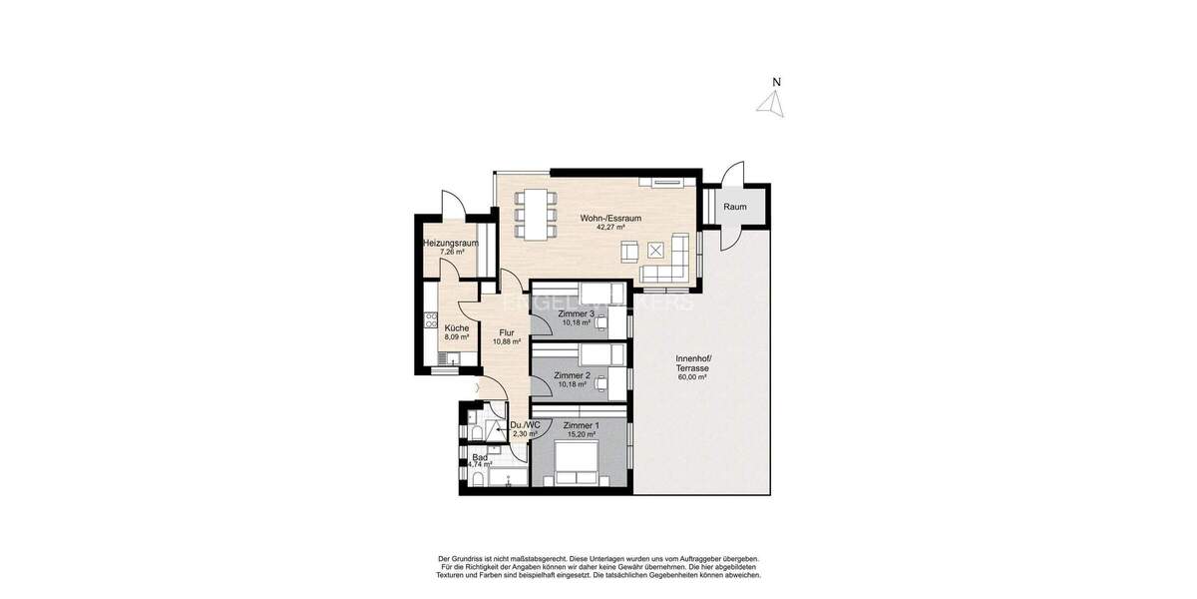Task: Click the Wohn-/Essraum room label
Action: (x=610, y=218)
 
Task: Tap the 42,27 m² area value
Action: (x=610, y=228)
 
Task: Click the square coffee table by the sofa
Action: (x=656, y=250)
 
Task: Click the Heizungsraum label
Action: (x=451, y=243)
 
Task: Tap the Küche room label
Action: (x=457, y=327)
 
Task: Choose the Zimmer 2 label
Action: (x=573, y=375)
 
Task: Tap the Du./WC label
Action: (x=524, y=425)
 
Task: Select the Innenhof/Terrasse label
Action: (x=692, y=363)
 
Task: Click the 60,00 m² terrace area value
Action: (x=692, y=378)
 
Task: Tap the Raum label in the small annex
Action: (x=735, y=208)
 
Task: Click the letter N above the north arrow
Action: (x=777, y=83)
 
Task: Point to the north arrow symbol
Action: (x=770, y=104)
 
